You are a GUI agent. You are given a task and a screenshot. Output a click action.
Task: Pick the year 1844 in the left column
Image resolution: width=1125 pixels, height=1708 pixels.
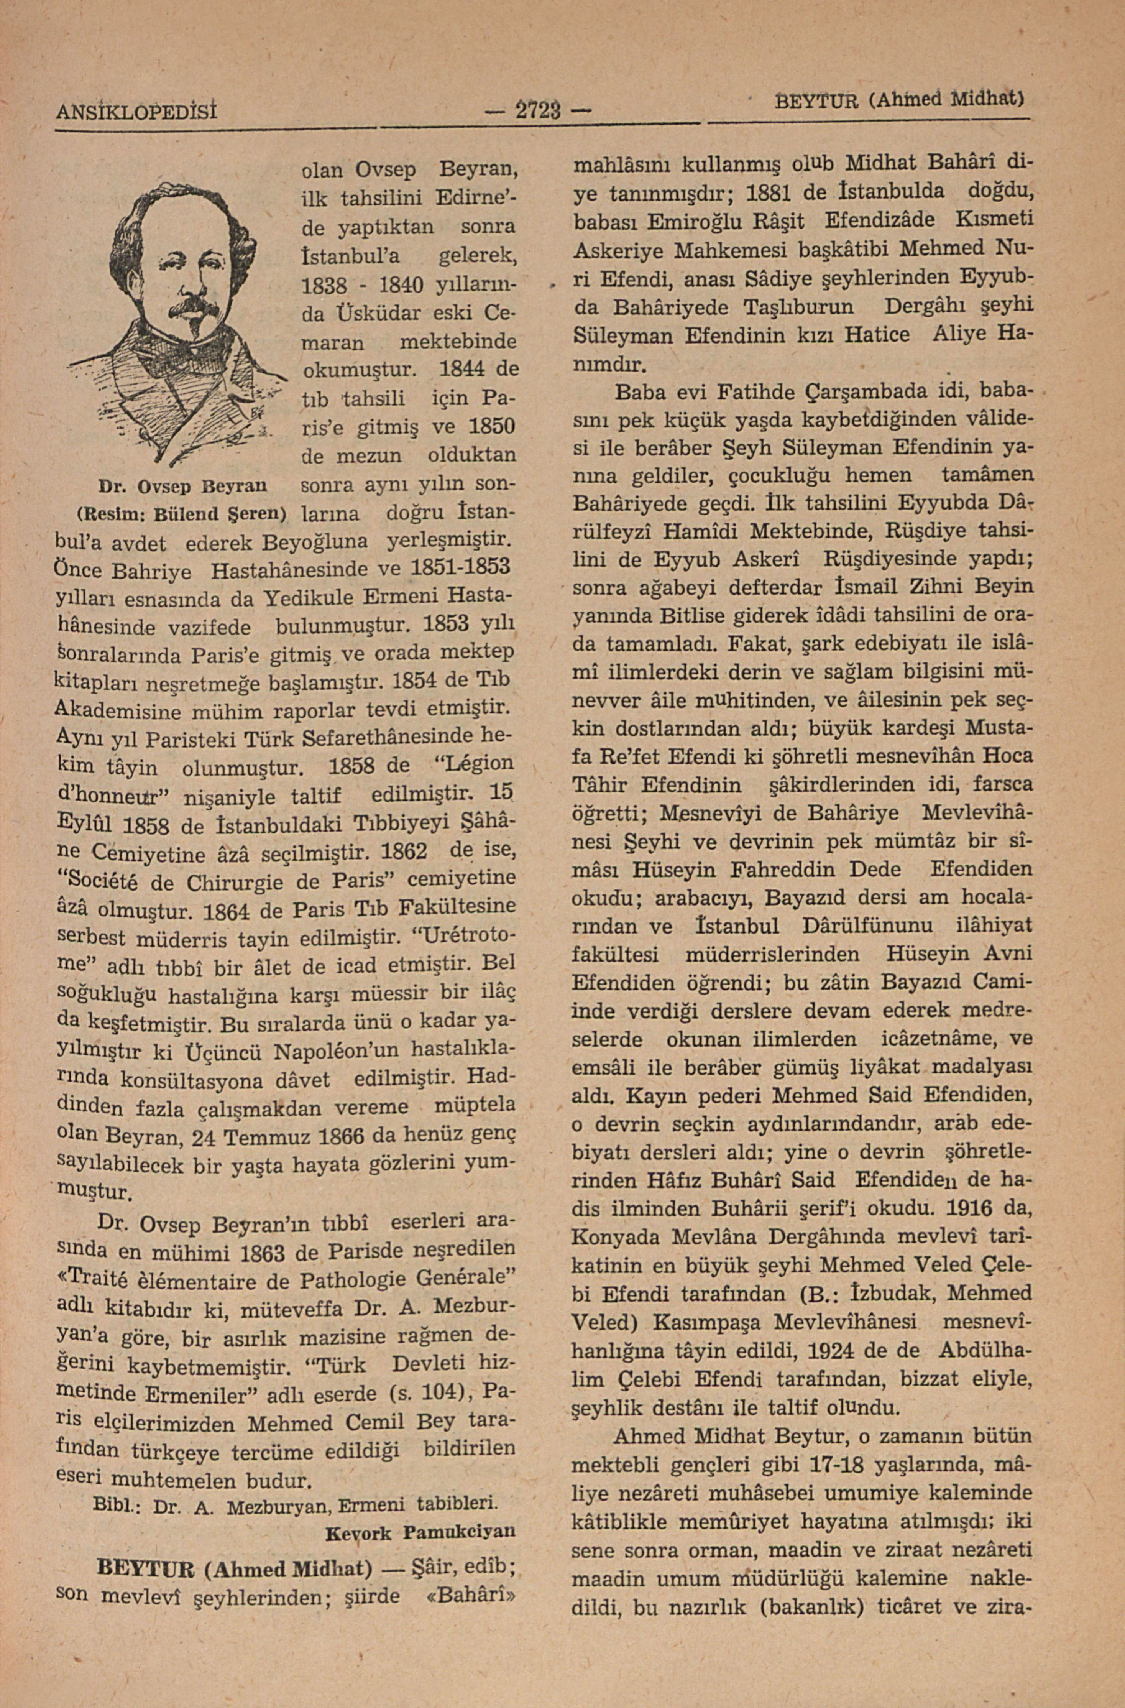point(465,370)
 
